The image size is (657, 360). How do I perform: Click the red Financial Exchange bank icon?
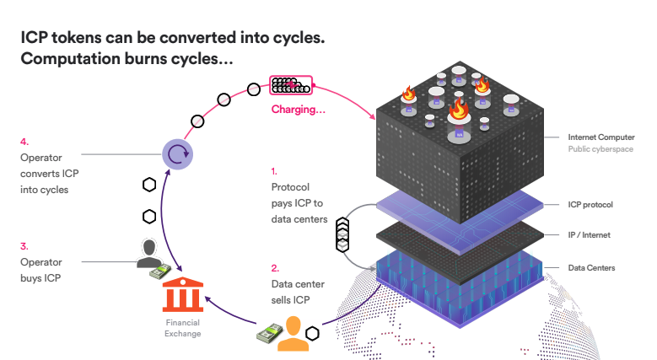pyautogui.click(x=183, y=294)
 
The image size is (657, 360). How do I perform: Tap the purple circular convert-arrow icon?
pyautogui.click(x=178, y=154)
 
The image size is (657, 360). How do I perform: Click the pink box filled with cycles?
pyautogui.click(x=291, y=85)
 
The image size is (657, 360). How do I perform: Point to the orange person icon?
pyautogui.click(x=293, y=334)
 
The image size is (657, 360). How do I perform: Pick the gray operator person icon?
pyautogui.click(x=149, y=253)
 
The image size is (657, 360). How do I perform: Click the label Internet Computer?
pyautogui.click(x=601, y=137)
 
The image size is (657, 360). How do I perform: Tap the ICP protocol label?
pyautogui.click(x=590, y=205)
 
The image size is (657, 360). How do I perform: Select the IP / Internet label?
pyautogui.click(x=590, y=234)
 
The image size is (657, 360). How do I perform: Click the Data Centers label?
pyautogui.click(x=591, y=268)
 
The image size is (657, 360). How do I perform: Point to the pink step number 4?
pyautogui.click(x=24, y=142)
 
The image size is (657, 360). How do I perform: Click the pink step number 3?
pyautogui.click(x=24, y=246)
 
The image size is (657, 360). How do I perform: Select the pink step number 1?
pyautogui.click(x=274, y=171)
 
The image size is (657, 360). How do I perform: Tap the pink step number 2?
pyautogui.click(x=275, y=268)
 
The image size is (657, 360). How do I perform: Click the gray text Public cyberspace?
pyautogui.click(x=600, y=148)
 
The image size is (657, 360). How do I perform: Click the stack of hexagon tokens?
pyautogui.click(x=342, y=234)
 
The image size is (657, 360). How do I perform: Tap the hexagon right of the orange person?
pyautogui.click(x=312, y=334)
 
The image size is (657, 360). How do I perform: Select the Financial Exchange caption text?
pyautogui.click(x=183, y=328)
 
